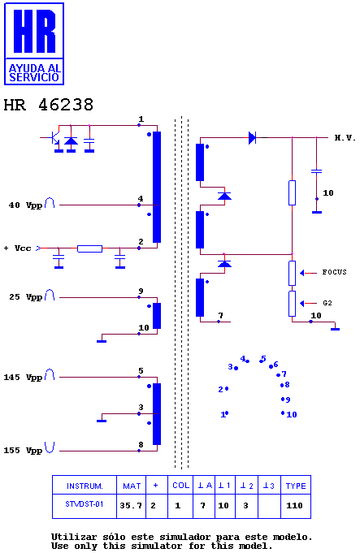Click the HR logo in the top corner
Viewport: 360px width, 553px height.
tap(34, 44)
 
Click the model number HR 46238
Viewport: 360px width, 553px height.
tap(49, 105)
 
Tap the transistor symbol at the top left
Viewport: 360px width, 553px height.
tap(53, 137)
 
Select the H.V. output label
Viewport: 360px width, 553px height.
tap(345, 138)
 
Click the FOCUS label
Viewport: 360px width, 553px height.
tap(334, 272)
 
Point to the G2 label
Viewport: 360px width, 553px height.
tap(327, 303)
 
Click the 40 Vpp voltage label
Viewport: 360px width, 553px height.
tap(25, 205)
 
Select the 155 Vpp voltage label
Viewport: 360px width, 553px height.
tap(23, 451)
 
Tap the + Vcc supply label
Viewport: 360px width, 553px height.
tap(18, 248)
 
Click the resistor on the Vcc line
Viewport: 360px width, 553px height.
tap(89, 248)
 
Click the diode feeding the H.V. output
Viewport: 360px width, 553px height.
tap(253, 137)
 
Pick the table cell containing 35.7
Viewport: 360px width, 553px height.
tap(131, 506)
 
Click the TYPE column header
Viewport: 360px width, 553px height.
tap(296, 486)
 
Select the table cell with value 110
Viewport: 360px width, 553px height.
tap(294, 506)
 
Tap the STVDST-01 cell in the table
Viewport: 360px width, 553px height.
tap(85, 504)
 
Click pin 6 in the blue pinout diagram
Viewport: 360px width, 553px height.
tap(274, 365)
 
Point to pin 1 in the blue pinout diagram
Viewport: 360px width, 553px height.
tap(224, 414)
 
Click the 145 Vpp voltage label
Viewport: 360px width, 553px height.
tap(23, 378)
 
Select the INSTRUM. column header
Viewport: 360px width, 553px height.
tap(85, 486)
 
